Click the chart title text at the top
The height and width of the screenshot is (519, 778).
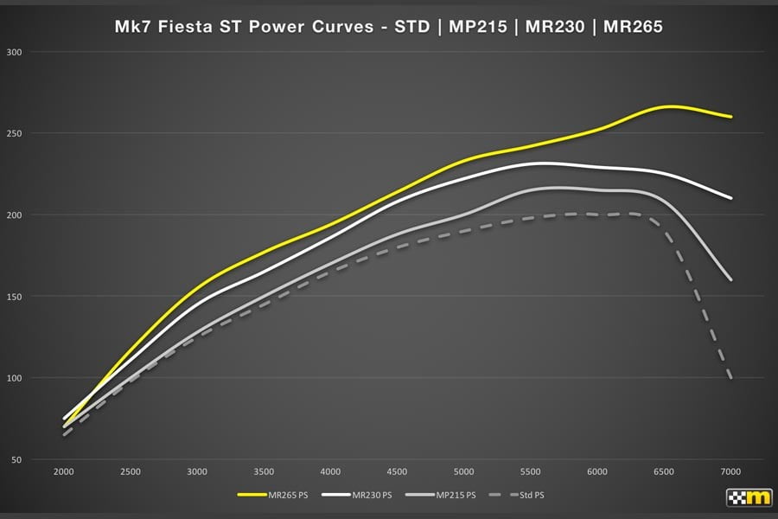(388, 27)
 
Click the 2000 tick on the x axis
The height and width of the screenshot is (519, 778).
(63, 471)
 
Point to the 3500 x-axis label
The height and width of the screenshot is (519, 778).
(264, 471)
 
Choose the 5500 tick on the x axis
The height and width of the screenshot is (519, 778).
(531, 471)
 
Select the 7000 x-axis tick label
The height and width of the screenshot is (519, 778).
(731, 471)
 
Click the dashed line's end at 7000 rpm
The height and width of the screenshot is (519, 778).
(731, 378)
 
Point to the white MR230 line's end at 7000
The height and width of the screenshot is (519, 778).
(731, 198)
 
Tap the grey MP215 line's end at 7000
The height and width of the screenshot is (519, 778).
(731, 279)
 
